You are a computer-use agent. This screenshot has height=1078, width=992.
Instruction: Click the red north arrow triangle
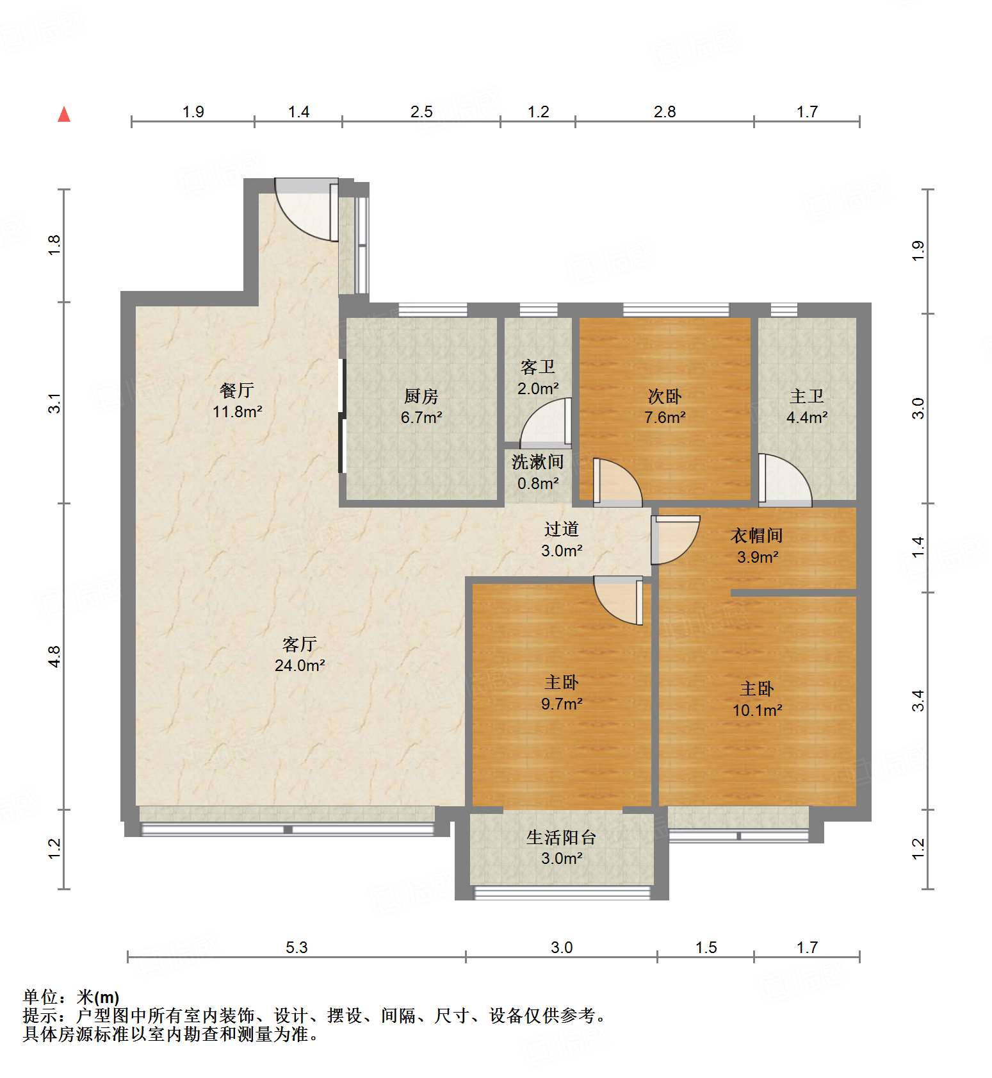[64, 115]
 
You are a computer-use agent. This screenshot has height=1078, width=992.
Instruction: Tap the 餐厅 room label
[237, 390]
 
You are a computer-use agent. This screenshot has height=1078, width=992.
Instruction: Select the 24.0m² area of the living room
[300, 666]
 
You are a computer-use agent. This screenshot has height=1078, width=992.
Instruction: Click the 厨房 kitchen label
[421, 396]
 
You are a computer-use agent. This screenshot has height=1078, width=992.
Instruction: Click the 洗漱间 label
[537, 461]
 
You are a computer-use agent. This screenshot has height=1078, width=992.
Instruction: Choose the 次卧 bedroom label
[665, 396]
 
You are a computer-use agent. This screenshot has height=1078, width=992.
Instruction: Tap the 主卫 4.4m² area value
[807, 418]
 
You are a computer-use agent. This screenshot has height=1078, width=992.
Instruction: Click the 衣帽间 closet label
[757, 535]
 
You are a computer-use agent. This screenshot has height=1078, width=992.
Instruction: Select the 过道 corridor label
[562, 529]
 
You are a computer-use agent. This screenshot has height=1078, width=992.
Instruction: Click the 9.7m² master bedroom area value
[562, 704]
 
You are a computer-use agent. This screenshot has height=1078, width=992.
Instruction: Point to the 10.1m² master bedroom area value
[757, 711]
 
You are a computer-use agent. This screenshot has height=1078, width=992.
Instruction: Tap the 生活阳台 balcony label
[562, 837]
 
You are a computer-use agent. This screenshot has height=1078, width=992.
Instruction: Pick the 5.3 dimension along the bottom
[297, 947]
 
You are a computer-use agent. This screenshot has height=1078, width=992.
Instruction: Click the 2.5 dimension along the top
[421, 112]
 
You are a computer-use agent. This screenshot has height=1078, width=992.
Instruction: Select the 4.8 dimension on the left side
[54, 657]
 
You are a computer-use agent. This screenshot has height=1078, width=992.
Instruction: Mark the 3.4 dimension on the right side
[918, 701]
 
